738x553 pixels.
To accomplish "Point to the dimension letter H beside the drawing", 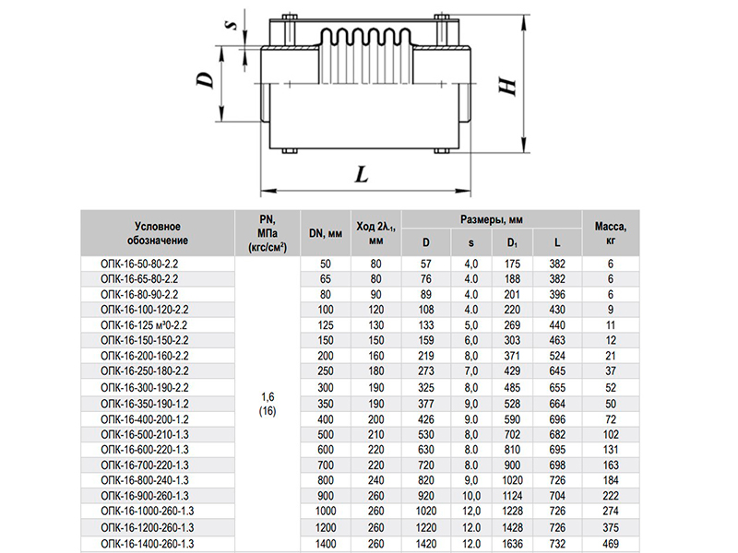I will coord(506,86).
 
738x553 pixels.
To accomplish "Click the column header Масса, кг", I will coord(611,232).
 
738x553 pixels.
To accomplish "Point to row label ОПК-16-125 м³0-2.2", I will coord(144,326).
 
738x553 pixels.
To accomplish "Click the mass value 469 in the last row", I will coord(611,544).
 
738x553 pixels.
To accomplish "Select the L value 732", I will coord(556,544).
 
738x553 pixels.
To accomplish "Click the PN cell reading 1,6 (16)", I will coord(268,403).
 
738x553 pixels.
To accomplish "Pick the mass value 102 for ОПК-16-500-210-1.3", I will coord(611,434).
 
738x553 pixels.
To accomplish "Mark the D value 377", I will coord(426,403).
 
